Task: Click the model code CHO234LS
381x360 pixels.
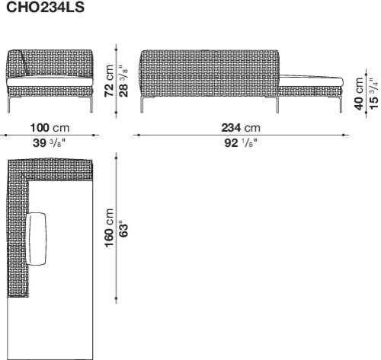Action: click(x=45, y=7)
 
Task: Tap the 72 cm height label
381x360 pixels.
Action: click(x=109, y=81)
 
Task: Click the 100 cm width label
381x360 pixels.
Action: click(x=50, y=128)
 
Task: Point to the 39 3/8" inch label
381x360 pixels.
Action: click(x=49, y=143)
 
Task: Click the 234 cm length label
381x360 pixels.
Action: click(x=241, y=128)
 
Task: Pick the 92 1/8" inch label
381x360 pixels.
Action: click(x=241, y=143)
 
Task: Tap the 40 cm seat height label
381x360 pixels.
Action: click(x=359, y=94)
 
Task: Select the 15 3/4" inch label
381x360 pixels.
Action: click(x=373, y=94)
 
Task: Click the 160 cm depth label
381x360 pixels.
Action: click(x=109, y=228)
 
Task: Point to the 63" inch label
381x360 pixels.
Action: click(x=123, y=231)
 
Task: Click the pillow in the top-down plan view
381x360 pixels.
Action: click(x=37, y=239)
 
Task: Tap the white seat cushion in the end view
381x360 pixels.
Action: click(x=50, y=81)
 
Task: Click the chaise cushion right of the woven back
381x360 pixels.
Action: click(x=311, y=81)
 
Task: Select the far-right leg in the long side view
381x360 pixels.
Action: click(x=341, y=104)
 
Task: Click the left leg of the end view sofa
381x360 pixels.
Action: click(x=9, y=104)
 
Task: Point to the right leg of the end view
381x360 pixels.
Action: click(x=91, y=104)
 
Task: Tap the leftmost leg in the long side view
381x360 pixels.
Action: click(x=142, y=104)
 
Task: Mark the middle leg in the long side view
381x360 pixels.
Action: click(x=277, y=104)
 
